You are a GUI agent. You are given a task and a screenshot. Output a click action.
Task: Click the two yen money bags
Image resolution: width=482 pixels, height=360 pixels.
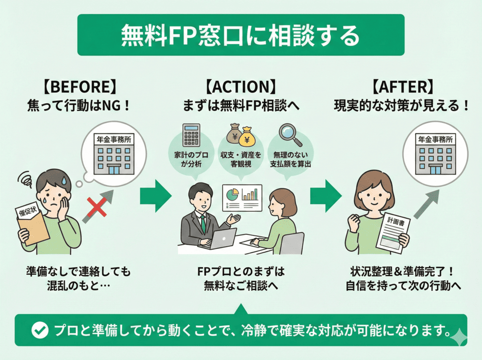pos(241,135)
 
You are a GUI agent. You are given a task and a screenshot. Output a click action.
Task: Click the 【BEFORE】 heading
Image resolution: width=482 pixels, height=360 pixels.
pos(78,88)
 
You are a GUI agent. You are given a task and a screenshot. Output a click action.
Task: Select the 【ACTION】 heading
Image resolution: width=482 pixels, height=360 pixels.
pos(240,88)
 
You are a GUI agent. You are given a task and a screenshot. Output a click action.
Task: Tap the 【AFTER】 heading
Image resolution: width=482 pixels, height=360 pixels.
pos(402,88)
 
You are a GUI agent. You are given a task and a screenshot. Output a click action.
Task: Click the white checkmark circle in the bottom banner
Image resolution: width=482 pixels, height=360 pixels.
pos(39,331)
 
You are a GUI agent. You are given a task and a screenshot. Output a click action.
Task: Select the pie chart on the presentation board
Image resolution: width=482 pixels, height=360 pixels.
pos(233,194)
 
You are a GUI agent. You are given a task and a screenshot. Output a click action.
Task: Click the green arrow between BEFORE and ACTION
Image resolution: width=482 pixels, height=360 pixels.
pos(155,193)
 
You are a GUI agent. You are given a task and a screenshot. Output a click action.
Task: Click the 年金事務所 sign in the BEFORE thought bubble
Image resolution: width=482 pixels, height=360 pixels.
pos(113,140)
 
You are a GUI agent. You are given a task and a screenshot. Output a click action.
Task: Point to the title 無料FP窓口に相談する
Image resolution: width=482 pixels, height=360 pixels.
pos(241,36)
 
